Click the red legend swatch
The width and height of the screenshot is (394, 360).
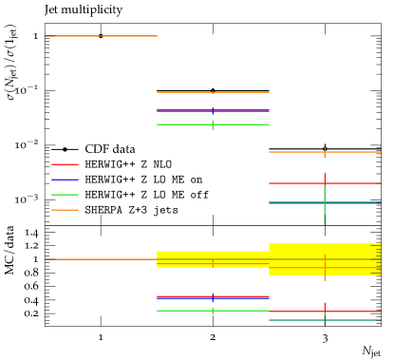pos(65,164)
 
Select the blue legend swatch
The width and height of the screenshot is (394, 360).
pos(65,180)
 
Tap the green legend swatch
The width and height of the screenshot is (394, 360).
pos(65,195)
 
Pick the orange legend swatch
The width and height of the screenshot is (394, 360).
pos(65,210)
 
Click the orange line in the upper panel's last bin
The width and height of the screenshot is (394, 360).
pos(294,152)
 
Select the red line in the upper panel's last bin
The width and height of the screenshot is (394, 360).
pos(294,183)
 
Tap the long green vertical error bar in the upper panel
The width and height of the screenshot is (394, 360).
pos(325,215)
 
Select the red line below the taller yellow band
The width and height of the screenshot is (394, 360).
pos(294,312)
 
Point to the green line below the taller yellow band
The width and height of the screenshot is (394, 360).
pos(294,320)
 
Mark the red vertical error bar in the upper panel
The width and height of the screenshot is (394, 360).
pos(325,178)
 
